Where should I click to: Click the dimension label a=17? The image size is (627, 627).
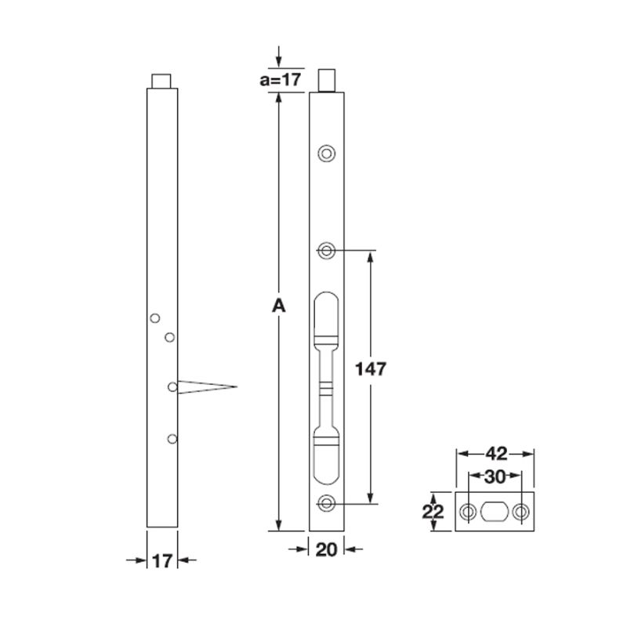281,80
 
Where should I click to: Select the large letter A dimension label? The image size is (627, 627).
277,306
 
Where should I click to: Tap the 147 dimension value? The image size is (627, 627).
371,370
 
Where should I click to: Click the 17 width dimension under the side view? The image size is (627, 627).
162,560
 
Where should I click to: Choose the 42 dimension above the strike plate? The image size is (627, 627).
495,453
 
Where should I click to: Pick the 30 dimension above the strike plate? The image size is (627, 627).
495,476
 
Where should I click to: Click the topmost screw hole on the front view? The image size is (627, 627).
326,153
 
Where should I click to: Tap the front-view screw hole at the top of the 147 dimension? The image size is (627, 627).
326,250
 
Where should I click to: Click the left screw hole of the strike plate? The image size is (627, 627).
468,513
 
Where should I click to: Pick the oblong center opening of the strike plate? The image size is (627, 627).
495,513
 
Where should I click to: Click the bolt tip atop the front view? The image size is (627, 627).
326,80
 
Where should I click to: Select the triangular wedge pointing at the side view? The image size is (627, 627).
205,386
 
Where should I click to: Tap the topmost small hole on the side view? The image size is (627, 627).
155,317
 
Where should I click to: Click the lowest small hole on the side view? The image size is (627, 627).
172,439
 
